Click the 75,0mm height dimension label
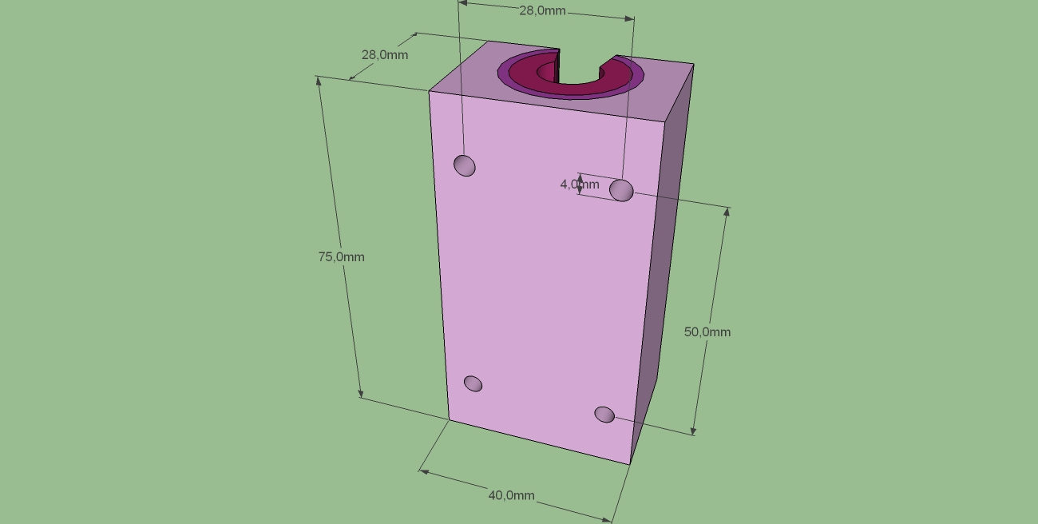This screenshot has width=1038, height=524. click(342, 257)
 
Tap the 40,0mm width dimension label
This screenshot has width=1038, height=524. click(512, 496)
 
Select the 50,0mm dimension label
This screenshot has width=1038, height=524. click(707, 332)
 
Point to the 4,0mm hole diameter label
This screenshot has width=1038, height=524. click(580, 185)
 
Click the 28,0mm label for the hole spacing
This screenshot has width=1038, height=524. click(543, 10)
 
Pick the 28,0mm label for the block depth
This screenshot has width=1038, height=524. click(385, 55)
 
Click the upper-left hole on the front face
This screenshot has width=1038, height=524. click(465, 165)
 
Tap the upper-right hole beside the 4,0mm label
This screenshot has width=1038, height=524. click(621, 190)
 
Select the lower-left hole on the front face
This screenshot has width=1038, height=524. click(473, 383)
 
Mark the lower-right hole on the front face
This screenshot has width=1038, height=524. click(604, 415)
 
